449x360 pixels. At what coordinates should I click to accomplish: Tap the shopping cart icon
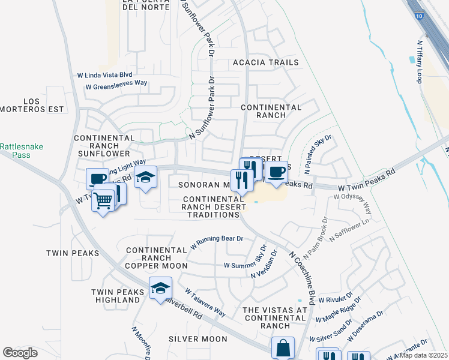tap(103, 200)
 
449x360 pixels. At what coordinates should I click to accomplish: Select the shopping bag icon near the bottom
tap(283, 347)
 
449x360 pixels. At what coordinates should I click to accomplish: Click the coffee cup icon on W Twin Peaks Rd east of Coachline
tap(276, 172)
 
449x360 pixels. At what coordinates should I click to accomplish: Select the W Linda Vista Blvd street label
tap(104, 75)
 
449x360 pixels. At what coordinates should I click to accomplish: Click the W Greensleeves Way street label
tap(116, 86)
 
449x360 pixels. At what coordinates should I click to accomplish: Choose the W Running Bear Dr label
tap(216, 242)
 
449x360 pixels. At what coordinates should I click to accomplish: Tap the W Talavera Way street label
tap(205, 303)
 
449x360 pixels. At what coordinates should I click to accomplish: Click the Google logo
tap(20, 353)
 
